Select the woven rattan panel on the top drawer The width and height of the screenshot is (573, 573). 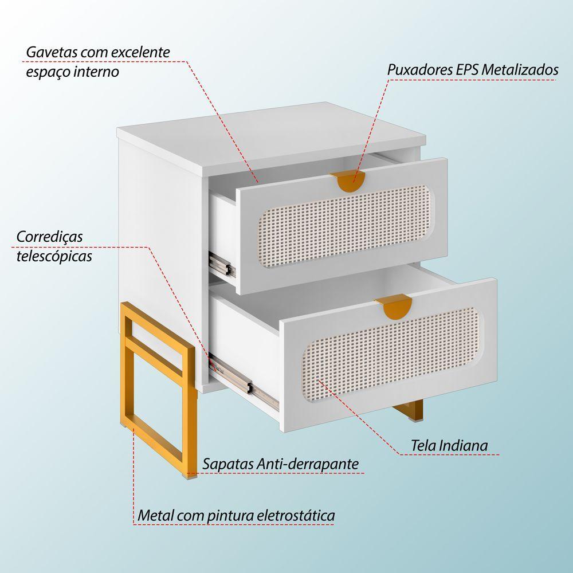coord(344,225)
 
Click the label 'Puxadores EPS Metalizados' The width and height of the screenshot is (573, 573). coord(472,70)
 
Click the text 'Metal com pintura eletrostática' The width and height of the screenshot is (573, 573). coord(236,515)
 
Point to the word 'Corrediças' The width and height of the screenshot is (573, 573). coord(50,236)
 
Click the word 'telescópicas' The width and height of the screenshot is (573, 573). coord(54,256)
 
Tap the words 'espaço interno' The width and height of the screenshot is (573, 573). coord(72,72)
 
